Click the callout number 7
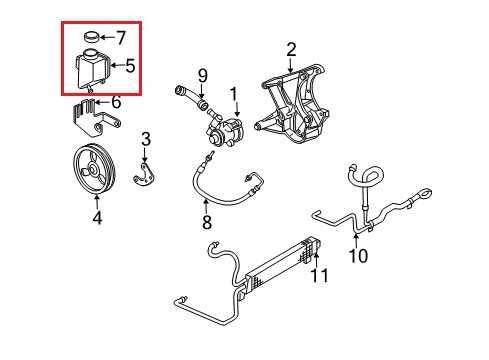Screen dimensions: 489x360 [x=120, y=38]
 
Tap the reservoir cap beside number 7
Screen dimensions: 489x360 [x=91, y=36]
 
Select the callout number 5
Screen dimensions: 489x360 [x=130, y=65]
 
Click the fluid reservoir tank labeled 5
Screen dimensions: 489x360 [x=93, y=70]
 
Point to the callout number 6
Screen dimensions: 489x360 [x=116, y=102]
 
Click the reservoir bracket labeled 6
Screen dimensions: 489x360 [x=95, y=118]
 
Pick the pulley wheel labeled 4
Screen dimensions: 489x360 [x=94, y=170]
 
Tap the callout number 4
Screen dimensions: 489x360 [x=97, y=217]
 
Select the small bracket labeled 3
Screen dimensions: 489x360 [x=144, y=174]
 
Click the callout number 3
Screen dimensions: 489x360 [x=146, y=139]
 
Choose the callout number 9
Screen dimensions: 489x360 [x=202, y=75]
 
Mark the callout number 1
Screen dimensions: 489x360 [x=234, y=94]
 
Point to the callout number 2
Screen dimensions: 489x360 [x=291, y=49]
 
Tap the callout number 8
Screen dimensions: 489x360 [x=207, y=222]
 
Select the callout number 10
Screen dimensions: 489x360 [x=358, y=256]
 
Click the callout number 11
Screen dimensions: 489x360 [x=319, y=275]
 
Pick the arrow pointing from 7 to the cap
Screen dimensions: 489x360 [x=107, y=37]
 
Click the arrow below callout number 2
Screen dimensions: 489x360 [x=291, y=65]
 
